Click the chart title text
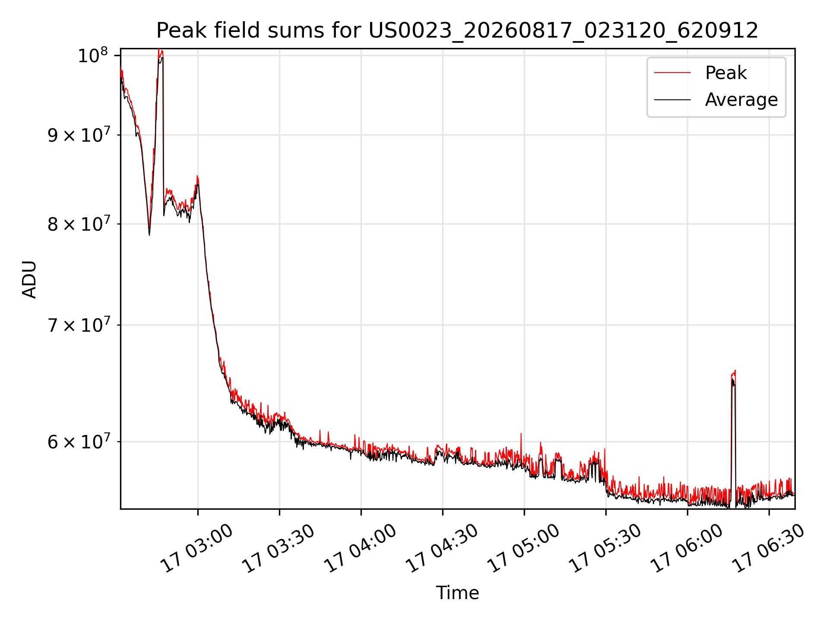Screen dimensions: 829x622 [457, 31]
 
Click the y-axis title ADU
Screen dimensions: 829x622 [29, 279]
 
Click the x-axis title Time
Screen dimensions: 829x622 [457, 593]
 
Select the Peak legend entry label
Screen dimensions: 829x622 [726, 73]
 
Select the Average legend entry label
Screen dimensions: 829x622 [741, 100]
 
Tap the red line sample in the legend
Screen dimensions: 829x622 [672, 73]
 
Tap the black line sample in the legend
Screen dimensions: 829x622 [672, 100]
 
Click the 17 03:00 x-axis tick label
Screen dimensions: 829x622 [197, 548]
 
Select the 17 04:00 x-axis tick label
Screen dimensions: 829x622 [360, 548]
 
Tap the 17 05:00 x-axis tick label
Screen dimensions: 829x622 [523, 548]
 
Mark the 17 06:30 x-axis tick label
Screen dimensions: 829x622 [768, 548]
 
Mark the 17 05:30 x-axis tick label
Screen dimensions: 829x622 [605, 548]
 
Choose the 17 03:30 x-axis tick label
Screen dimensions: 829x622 [278, 548]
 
